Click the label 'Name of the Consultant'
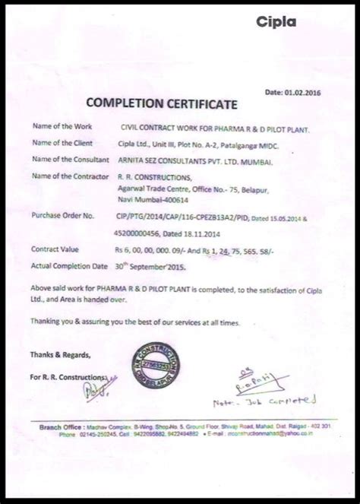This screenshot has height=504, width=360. (x=67, y=160)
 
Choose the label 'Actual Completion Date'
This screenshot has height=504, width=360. (x=68, y=265)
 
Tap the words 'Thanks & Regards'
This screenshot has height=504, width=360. (x=60, y=354)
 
